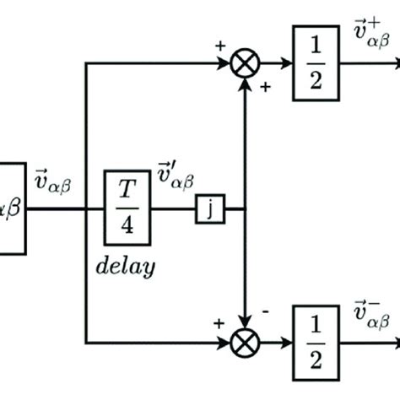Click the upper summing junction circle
(246, 63)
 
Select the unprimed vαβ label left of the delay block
(55, 181)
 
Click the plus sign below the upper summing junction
(264, 87)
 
